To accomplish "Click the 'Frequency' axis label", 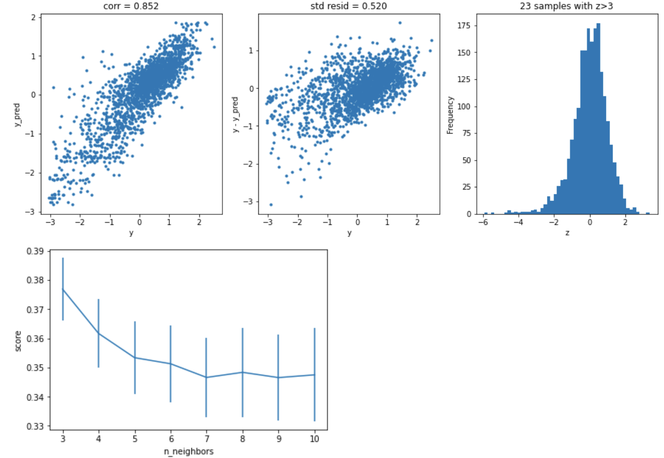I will (x=450, y=115).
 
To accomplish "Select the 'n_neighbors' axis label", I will (x=189, y=451).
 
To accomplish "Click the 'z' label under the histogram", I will (x=567, y=233).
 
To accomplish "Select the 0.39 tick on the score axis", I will (x=38, y=251).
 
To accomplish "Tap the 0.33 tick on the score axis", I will (x=38, y=427).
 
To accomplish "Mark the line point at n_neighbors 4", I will (x=99, y=333).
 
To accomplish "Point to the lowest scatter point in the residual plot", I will (x=270, y=204).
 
